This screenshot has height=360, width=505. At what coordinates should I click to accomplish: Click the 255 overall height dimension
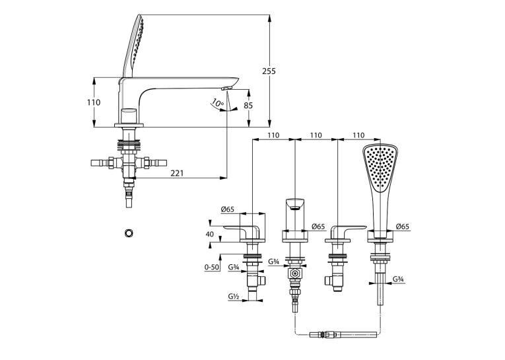tap(269, 71)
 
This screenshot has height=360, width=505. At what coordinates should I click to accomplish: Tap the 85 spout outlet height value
tap(248, 106)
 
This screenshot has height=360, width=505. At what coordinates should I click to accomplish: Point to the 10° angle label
tap(218, 103)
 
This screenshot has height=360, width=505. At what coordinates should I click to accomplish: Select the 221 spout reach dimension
tap(177, 173)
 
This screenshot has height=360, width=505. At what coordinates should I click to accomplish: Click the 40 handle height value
tap(210, 234)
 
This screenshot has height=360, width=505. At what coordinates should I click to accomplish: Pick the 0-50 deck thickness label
tap(211, 267)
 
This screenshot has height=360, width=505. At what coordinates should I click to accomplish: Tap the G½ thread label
tap(234, 296)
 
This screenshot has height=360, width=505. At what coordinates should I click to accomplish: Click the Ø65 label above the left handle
tap(227, 209)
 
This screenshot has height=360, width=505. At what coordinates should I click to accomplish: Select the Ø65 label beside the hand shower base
tap(402, 227)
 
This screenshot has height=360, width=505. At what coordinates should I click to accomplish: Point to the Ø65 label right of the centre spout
tap(318, 227)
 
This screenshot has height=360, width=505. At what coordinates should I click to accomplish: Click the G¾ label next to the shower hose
tap(399, 279)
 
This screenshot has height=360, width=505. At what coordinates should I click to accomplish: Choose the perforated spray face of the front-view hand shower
tap(380, 168)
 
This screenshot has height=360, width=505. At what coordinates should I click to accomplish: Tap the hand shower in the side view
tap(133, 46)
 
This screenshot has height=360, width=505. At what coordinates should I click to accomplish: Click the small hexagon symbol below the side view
tap(129, 233)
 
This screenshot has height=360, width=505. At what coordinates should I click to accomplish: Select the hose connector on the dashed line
tap(343, 334)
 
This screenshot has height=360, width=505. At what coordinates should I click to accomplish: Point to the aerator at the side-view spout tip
tap(226, 88)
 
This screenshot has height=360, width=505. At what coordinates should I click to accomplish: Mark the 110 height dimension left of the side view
tap(94, 102)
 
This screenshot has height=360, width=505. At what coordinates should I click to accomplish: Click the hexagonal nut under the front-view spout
tap(294, 274)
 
